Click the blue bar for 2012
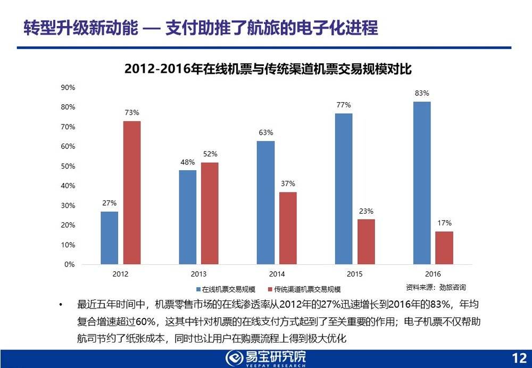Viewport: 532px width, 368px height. tap(109, 238)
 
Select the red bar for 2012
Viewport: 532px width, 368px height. tap(132, 193)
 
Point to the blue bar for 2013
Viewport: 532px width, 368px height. tap(187, 217)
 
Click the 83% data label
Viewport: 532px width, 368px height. tap(422, 94)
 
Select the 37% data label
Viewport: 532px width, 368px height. tap(288, 184)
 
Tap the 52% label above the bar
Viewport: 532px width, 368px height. tap(210, 154)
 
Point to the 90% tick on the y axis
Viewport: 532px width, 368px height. tap(68, 87)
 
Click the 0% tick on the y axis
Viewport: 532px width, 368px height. tap(70, 264)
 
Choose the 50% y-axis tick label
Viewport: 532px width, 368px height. tap(68, 166)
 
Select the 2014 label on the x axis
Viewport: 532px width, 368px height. tap(277, 274)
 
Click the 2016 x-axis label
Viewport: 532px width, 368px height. tap(433, 274)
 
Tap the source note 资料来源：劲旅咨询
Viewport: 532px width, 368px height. tap(436, 287)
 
